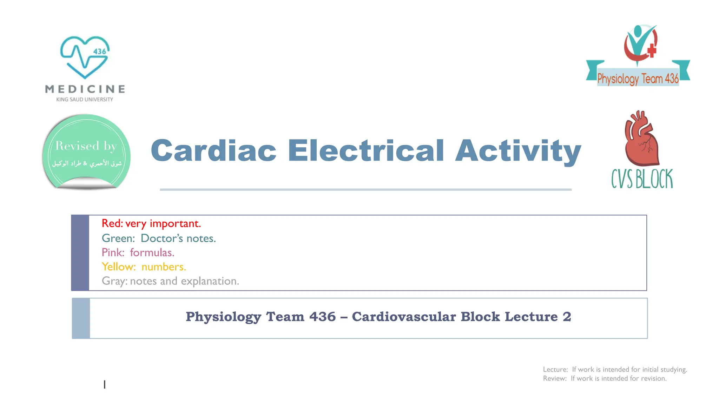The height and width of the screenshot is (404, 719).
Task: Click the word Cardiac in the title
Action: [x=213, y=150]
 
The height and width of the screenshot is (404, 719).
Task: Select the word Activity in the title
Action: [x=518, y=151]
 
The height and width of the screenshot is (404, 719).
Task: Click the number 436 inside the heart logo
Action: [x=100, y=52]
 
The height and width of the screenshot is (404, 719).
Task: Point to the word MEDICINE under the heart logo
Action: [x=85, y=89]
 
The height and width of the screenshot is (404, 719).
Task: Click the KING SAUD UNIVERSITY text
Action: [x=85, y=100]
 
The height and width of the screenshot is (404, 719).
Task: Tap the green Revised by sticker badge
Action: [x=86, y=151]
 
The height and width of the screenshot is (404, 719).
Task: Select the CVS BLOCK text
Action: [x=642, y=179]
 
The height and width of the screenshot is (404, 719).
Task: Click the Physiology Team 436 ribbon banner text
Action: [x=638, y=79]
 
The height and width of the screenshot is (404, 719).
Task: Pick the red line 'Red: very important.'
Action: [x=151, y=223]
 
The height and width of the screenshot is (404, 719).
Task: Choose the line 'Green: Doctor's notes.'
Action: [x=159, y=238]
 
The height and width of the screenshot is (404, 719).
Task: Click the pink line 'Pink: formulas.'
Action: [x=138, y=252]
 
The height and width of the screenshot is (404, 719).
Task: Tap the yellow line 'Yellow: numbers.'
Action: [x=144, y=267]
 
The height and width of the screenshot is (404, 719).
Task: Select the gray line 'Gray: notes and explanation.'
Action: [x=170, y=281]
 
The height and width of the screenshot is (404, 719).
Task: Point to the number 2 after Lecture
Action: [x=567, y=317]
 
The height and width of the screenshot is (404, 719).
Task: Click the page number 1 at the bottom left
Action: [x=105, y=385]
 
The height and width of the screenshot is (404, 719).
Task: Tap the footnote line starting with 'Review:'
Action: [x=605, y=379]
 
